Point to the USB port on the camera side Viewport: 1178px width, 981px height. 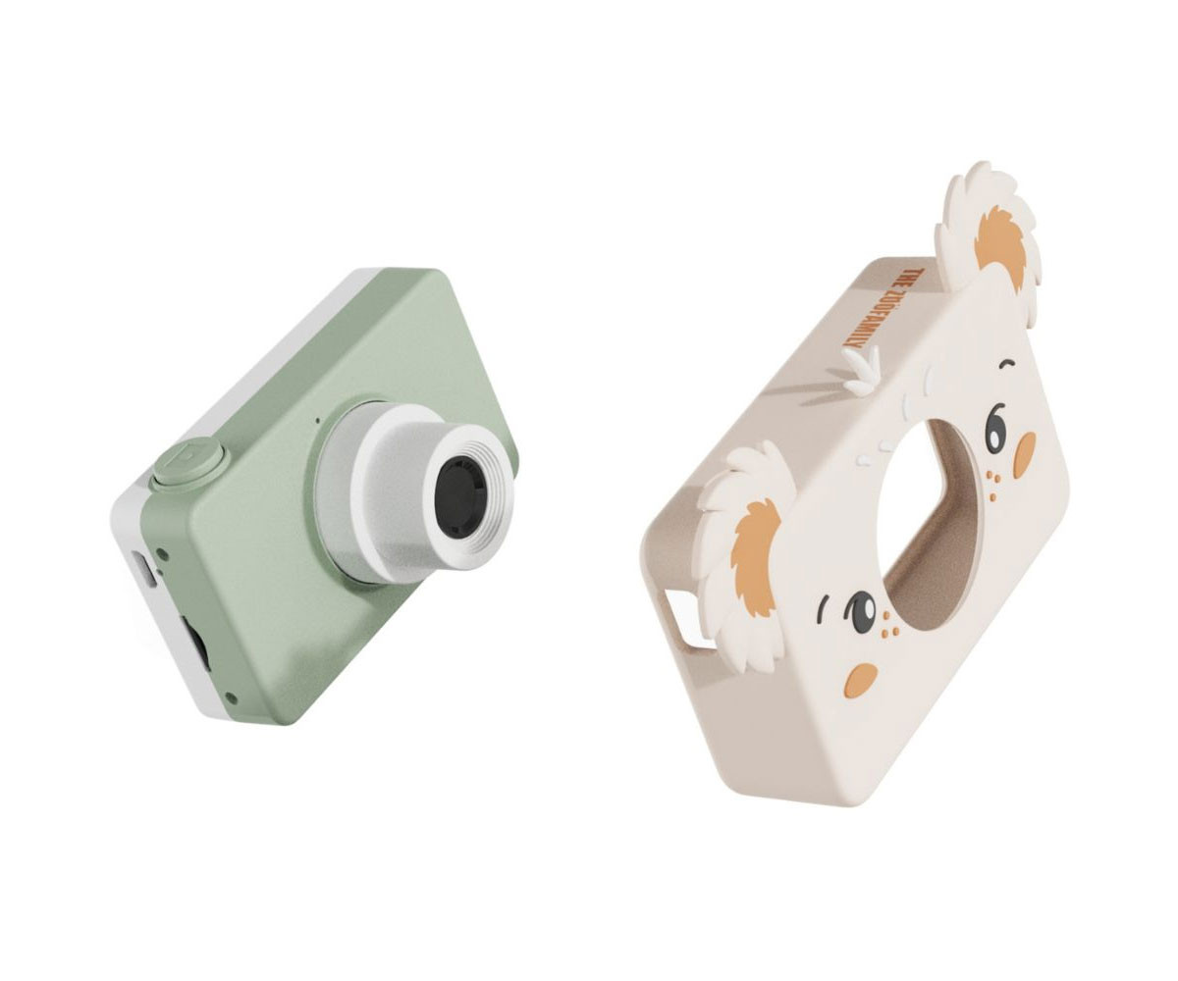pos(143,568)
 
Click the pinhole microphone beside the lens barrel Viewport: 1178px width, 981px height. pos(318,421)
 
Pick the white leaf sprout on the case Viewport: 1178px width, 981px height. pos(860,370)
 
